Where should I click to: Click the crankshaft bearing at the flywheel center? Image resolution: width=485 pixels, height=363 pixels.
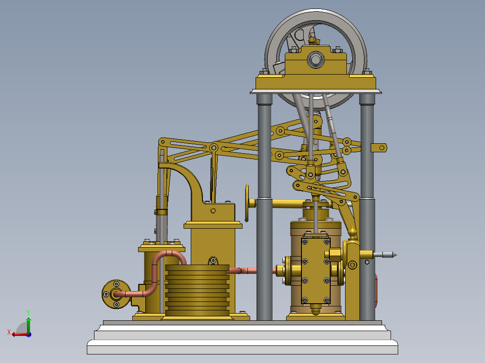pyautogui.click(x=316, y=59)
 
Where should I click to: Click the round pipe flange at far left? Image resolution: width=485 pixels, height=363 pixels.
pyautogui.click(x=116, y=294)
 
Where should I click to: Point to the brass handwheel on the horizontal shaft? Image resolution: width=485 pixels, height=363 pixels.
pyautogui.click(x=247, y=203)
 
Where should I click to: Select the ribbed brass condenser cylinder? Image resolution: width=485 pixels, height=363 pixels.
pyautogui.click(x=197, y=290)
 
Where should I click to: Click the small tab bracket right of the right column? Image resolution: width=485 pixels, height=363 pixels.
pyautogui.click(x=379, y=147)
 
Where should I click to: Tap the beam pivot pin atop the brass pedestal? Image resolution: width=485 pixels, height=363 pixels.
pyautogui.click(x=214, y=147)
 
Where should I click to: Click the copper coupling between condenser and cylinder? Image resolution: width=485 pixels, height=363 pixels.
pyautogui.click(x=243, y=271)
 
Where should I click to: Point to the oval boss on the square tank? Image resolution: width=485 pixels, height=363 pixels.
pyautogui.click(x=213, y=260)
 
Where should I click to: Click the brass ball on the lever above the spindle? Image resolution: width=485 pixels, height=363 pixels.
pyautogui.click(x=353, y=232)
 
